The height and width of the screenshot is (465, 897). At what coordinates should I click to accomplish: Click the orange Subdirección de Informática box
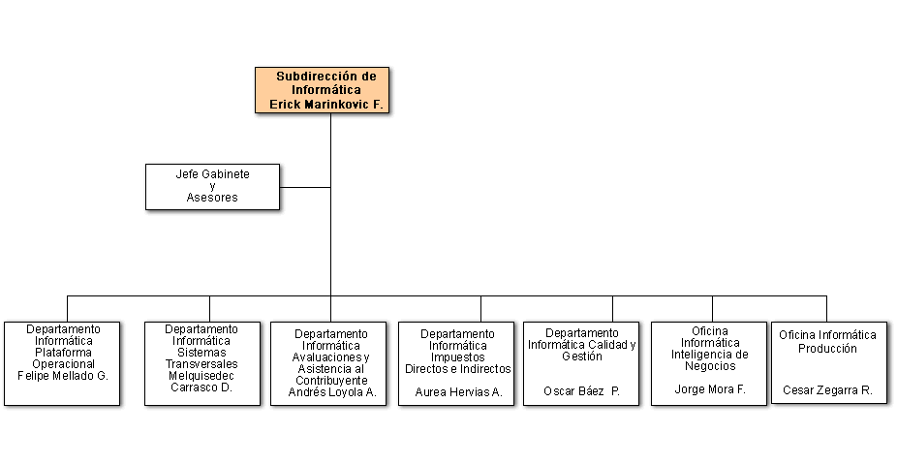pos(322,90)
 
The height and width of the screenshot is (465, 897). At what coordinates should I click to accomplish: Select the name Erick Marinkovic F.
pos(326,105)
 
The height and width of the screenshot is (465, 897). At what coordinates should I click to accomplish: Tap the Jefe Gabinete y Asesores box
pos(212,187)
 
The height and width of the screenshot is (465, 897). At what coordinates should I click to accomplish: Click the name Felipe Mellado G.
pos(63,376)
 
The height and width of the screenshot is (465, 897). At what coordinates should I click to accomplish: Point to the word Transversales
pos(201,363)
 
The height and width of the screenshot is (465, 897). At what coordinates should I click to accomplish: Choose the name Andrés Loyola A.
pos(332,392)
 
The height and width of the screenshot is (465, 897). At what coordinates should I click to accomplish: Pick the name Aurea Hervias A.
pos(458,392)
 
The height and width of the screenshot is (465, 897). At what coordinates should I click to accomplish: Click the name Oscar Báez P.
pos(582,391)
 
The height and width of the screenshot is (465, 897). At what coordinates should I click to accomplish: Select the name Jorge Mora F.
pos(710,389)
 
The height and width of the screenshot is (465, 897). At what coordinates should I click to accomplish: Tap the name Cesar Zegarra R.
pos(827,390)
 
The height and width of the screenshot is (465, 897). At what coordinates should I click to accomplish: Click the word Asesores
pos(212,198)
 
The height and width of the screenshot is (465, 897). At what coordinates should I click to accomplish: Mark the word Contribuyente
pos(332,381)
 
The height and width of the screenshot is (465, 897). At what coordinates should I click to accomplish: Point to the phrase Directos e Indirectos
pos(457,369)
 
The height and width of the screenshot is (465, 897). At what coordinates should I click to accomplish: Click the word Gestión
pos(582,356)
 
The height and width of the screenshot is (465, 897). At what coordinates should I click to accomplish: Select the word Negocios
pos(710,366)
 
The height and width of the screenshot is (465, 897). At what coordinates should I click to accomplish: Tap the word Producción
pos(827,349)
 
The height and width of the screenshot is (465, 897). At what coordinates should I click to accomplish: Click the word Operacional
pos(63,363)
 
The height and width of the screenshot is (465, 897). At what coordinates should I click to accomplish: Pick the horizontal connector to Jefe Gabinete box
pos(305,187)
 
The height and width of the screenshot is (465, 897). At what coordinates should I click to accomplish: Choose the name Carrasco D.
pos(201,387)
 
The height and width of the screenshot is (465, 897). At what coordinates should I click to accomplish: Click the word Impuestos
pos(457,357)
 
